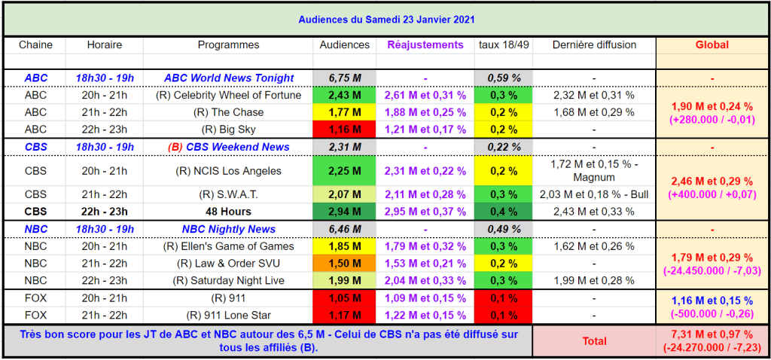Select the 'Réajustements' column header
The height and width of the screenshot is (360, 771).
(x=425, y=45)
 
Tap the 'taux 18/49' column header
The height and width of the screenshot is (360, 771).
(x=504, y=45)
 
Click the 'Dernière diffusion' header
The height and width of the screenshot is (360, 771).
(x=595, y=45)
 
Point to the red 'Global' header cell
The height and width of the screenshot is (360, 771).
(x=712, y=45)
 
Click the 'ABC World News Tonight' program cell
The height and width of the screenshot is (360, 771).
(x=228, y=78)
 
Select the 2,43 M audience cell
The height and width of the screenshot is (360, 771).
(x=345, y=96)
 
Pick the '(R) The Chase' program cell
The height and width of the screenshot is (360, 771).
(x=228, y=112)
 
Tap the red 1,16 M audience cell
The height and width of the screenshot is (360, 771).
(x=345, y=130)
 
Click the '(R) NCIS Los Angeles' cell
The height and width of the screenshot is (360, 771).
(x=228, y=171)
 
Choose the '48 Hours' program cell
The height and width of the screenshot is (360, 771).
(x=228, y=212)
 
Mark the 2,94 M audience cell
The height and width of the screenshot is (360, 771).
(x=345, y=212)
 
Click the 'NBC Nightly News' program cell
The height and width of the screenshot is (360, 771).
(x=228, y=229)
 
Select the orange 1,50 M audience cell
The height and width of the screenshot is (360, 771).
(x=345, y=263)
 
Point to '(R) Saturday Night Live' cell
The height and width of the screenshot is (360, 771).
(x=228, y=280)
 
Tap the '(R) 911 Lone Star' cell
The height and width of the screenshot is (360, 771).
(x=228, y=315)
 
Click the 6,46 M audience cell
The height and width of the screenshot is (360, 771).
(x=345, y=229)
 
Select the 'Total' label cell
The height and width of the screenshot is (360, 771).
(x=594, y=341)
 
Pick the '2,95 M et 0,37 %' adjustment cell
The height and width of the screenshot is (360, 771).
(x=425, y=212)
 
